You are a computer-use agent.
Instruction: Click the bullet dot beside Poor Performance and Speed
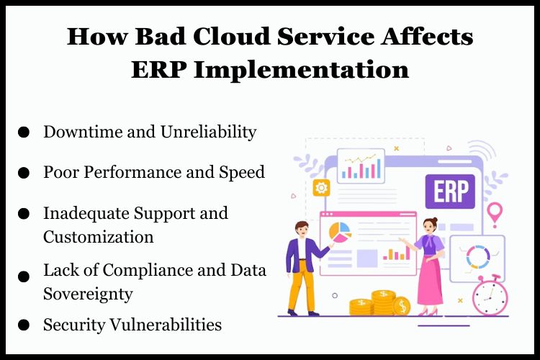pos(24,174)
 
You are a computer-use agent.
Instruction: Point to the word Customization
pos(98,237)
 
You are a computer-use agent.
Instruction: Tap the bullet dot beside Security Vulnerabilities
pos(24,325)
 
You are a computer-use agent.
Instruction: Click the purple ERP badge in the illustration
pos(450,192)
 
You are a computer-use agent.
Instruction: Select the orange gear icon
pos(321,188)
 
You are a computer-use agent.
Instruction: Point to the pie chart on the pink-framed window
pos(339,232)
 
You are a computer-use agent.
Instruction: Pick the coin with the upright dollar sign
pos(401,307)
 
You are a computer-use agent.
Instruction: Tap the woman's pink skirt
pos(431,281)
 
